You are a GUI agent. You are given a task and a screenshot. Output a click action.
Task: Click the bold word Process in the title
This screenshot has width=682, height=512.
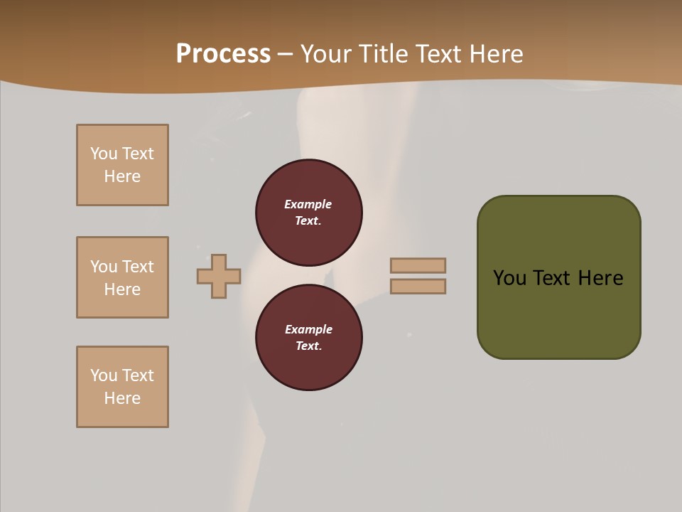(x=223, y=54)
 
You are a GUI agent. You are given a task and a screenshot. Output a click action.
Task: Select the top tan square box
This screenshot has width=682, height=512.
(x=122, y=165)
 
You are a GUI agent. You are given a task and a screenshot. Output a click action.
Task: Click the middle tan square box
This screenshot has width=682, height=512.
(x=122, y=277)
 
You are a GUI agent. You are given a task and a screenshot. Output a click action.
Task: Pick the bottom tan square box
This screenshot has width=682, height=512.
(x=122, y=387)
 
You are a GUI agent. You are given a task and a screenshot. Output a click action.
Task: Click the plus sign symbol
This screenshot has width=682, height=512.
(x=219, y=276)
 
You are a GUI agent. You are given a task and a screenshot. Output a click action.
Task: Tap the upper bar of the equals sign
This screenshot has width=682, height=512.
(x=418, y=265)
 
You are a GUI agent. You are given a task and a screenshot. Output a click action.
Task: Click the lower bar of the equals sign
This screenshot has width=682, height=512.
(x=418, y=286)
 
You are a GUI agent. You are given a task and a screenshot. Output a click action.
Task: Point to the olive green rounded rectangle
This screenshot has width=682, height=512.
(x=558, y=320)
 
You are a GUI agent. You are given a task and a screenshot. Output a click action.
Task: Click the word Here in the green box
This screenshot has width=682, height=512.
(x=600, y=278)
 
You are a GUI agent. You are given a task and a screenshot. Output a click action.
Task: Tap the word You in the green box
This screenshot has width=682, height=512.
(x=509, y=278)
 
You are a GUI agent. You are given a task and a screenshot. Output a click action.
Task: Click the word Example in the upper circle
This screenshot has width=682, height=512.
(x=308, y=204)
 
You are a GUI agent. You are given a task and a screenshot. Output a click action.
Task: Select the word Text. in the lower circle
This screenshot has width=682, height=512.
(x=308, y=346)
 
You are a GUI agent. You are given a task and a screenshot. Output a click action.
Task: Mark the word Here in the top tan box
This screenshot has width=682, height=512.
(x=122, y=176)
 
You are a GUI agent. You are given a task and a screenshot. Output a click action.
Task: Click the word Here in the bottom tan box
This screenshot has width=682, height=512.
(x=122, y=398)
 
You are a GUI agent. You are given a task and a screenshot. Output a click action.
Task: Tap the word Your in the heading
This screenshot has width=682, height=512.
(x=324, y=54)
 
